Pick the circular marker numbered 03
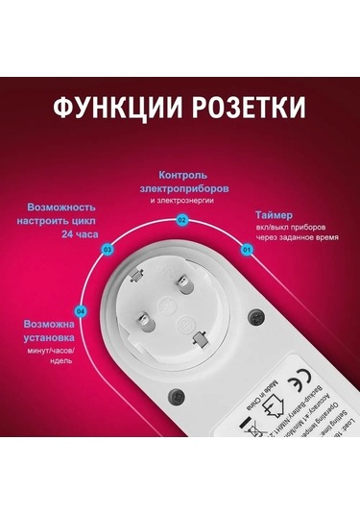(107, 249)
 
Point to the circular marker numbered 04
(80, 310)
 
